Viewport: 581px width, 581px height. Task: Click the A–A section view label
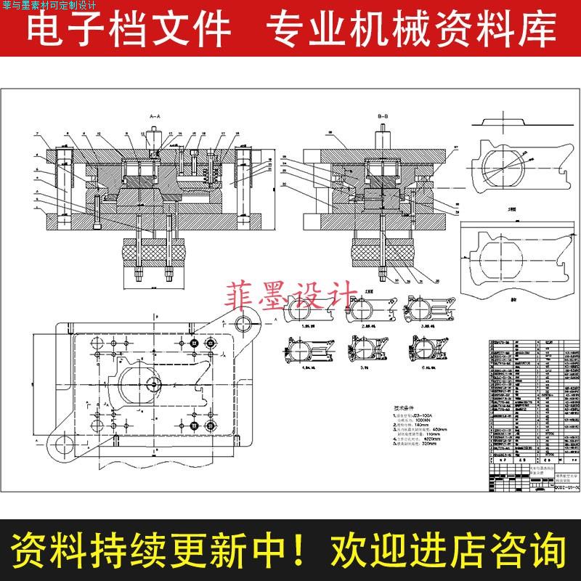tap(155, 116)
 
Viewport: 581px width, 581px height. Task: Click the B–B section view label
tap(383, 116)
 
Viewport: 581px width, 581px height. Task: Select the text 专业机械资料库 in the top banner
tap(410, 31)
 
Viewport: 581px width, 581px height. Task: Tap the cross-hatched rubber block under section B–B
tap(382, 255)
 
